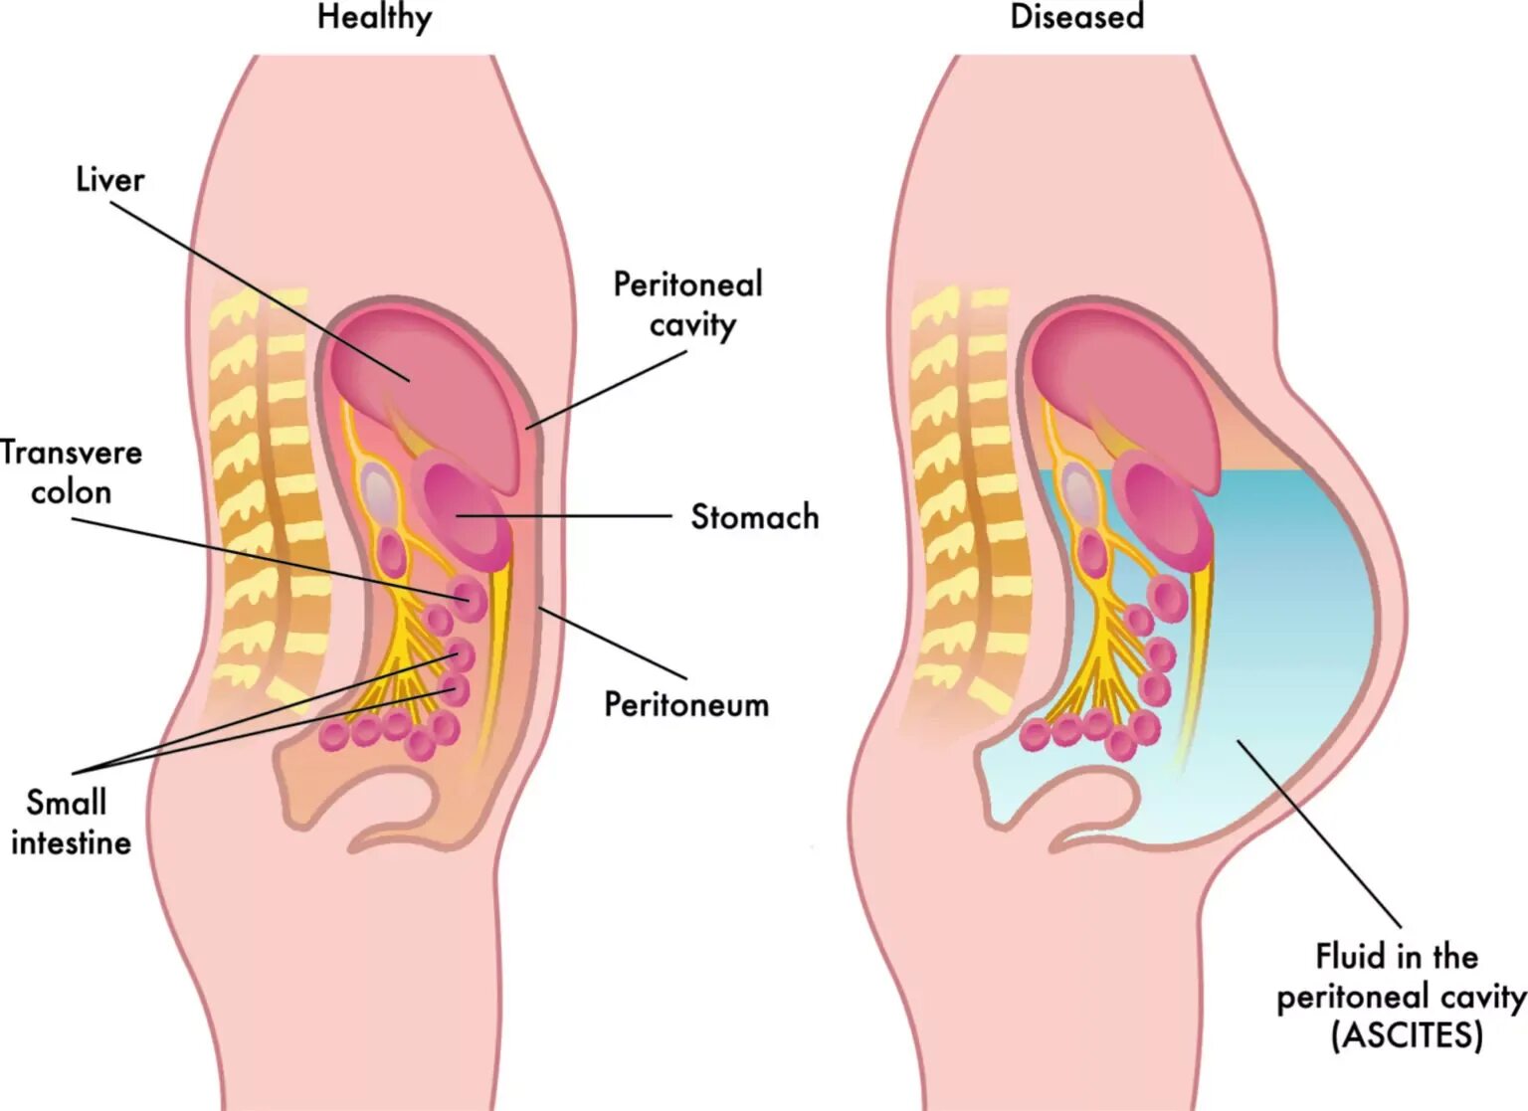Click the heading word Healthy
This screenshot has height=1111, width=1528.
tap(374, 18)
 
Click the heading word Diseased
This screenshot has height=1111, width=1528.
tap(1076, 18)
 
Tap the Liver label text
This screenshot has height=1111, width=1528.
tap(109, 180)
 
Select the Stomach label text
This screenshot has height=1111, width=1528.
tap(754, 517)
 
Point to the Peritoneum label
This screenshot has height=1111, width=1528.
tap(686, 704)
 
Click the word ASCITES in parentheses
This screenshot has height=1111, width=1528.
tap(1407, 1035)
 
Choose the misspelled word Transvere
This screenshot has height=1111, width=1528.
tap(72, 453)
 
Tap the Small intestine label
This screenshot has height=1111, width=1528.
tap(70, 823)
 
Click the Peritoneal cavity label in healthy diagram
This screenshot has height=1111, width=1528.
tap(688, 304)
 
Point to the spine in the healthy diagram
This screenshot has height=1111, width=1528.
tap(264, 497)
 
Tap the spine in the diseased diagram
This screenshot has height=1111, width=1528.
tap(965, 497)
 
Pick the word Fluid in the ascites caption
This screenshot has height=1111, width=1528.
tap(1350, 957)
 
